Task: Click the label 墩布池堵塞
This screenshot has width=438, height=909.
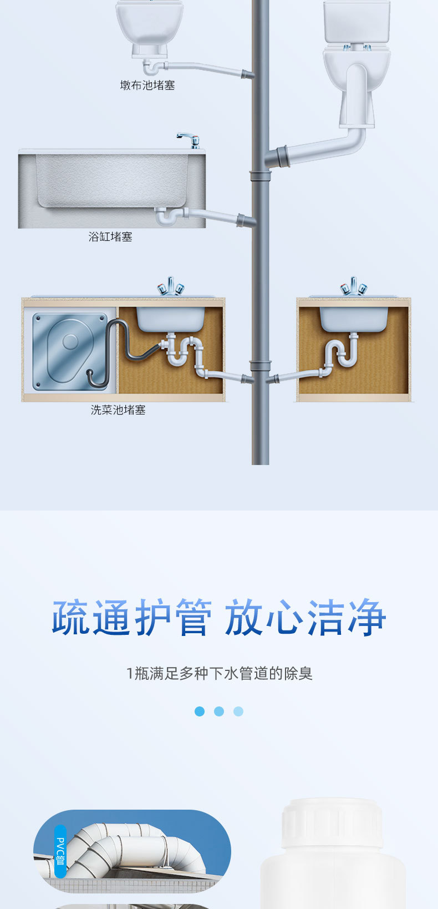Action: (147, 85)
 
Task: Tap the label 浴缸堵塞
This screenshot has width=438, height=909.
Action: (110, 237)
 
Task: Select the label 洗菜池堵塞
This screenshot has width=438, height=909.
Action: (118, 410)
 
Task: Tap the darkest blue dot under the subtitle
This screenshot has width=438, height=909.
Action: (200, 711)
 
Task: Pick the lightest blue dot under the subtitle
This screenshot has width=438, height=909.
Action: (238, 711)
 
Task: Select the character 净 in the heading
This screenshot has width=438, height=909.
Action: (366, 618)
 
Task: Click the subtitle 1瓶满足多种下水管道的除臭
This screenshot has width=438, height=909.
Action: (220, 674)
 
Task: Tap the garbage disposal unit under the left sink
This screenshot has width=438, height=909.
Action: (69, 351)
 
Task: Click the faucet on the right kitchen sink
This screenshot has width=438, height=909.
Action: (353, 286)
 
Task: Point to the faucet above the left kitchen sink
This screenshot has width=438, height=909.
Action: (170, 286)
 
